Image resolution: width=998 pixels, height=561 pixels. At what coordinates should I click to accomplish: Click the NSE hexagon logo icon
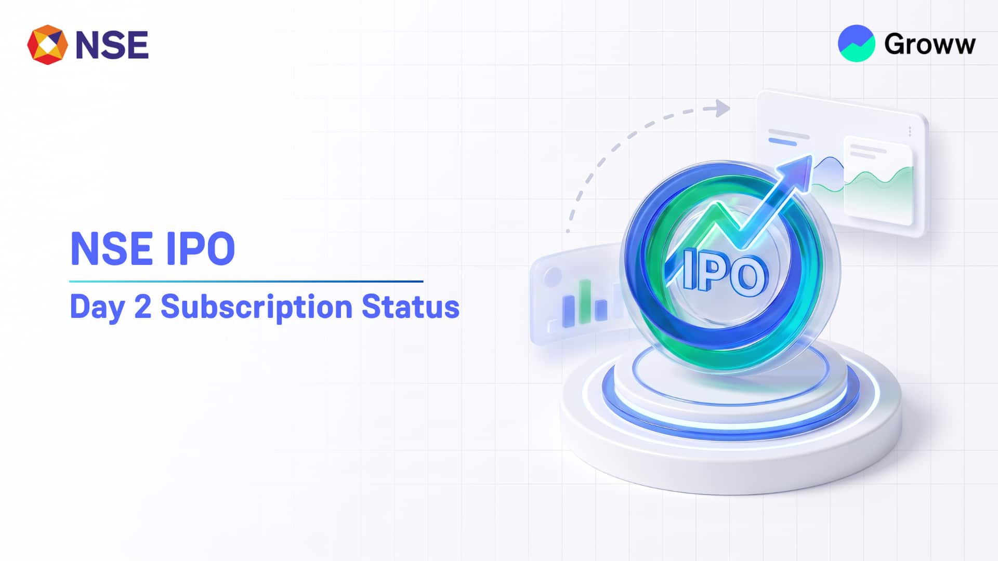pos(47,45)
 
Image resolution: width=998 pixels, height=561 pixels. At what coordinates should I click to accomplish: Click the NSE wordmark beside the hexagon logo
pos(112,45)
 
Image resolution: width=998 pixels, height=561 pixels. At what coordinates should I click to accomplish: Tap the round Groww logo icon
pos(856,43)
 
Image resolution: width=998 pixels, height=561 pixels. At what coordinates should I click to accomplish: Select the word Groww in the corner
pos(930,44)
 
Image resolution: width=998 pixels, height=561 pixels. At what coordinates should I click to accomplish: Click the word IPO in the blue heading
pos(201,249)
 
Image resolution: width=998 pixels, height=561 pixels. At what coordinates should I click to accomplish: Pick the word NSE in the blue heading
pos(111,249)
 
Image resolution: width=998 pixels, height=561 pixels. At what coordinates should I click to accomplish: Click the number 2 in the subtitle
pos(143,306)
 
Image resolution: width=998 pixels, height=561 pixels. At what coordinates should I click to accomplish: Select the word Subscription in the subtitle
pos(257,307)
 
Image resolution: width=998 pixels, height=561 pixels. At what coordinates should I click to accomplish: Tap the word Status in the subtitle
pos(411,306)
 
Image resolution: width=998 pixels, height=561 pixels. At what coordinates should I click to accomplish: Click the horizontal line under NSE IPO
pos(246,282)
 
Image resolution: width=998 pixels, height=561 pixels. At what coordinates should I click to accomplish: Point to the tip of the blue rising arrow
pos(811,156)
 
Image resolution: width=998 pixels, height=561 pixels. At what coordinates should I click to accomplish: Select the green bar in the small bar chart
pos(586,301)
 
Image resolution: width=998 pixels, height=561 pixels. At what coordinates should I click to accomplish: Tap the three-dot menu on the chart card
pos(910,131)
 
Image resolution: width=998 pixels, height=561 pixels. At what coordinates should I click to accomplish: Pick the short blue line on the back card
pos(782,141)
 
